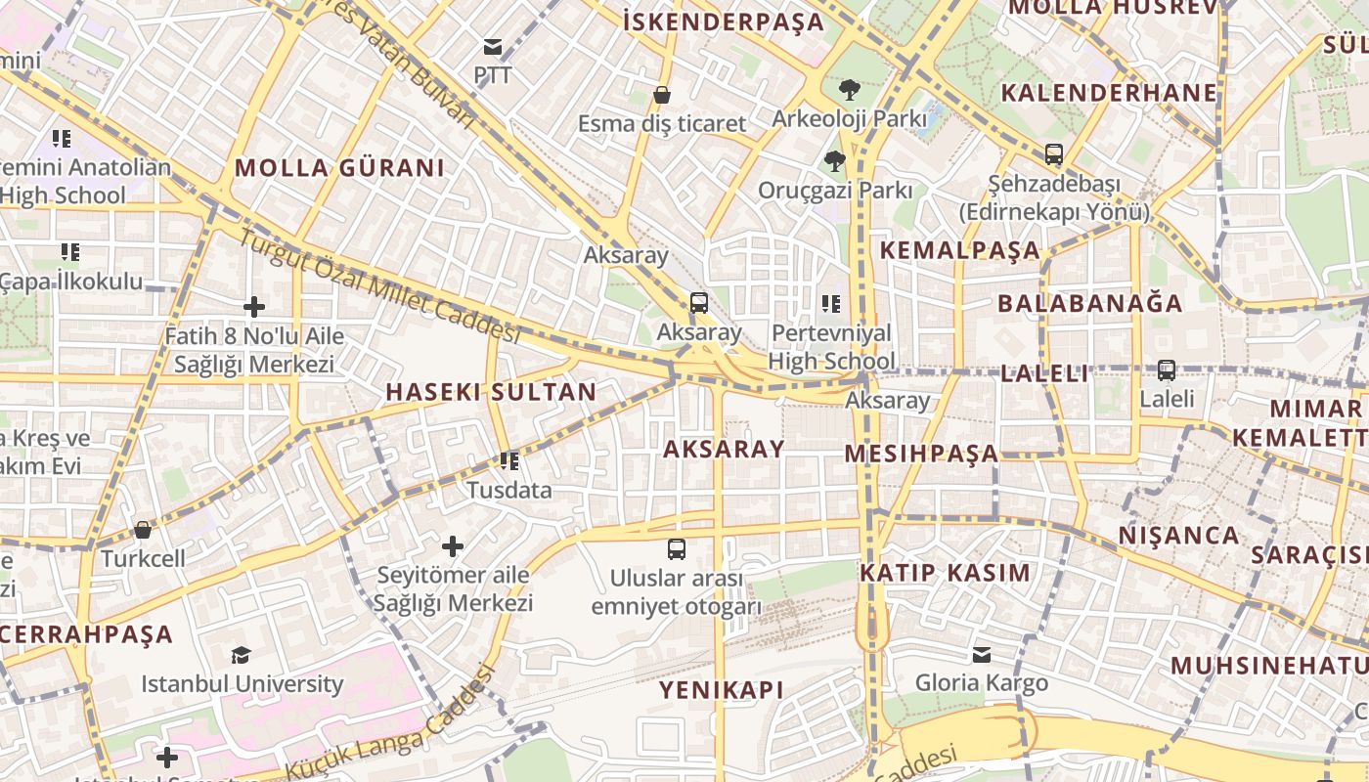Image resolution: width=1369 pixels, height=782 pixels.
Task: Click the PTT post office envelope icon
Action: [492, 47]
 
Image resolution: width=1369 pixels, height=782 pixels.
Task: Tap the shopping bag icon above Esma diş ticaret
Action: [662, 95]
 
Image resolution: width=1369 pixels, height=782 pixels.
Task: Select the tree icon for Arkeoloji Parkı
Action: [849, 90]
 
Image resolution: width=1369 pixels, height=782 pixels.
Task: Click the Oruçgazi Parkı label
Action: [835, 190]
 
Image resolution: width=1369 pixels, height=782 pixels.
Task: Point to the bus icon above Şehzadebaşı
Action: [1053, 154]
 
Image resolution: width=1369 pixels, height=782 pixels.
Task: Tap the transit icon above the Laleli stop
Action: [1166, 370]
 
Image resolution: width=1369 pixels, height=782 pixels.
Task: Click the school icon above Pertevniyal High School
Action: [831, 304]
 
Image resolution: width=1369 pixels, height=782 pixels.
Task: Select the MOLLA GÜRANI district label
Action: [339, 167]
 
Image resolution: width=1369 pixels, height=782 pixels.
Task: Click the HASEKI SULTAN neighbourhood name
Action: [491, 392]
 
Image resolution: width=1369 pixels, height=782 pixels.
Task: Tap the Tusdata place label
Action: [509, 490]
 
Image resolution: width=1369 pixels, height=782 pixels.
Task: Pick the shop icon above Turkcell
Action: [143, 530]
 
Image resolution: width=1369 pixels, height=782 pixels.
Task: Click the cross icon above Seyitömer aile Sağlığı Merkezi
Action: [453, 545]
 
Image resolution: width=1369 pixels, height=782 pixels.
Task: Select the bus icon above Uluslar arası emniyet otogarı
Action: [676, 548]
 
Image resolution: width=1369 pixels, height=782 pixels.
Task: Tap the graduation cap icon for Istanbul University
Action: [242, 655]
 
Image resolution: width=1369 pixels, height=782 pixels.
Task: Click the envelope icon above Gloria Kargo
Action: [981, 654]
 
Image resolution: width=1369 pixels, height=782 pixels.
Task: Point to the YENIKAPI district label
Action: [721, 690]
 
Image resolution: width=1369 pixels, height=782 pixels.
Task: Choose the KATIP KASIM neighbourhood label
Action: [945, 573]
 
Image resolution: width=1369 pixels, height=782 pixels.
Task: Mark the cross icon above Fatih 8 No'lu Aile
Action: [254, 307]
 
